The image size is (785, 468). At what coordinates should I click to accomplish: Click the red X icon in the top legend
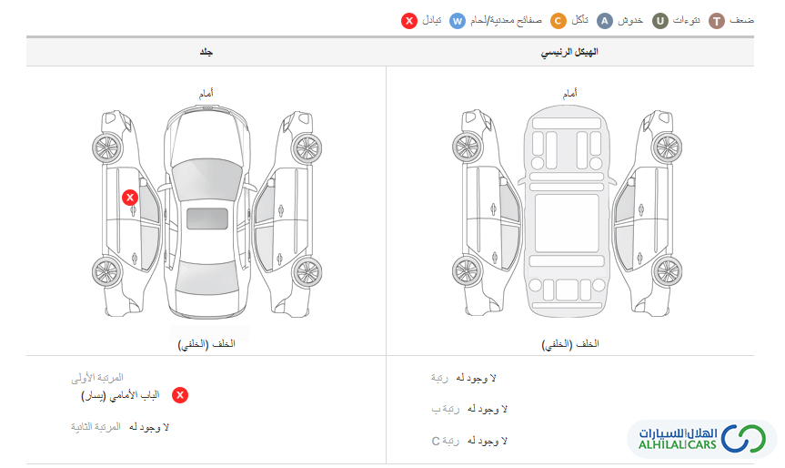point(409,21)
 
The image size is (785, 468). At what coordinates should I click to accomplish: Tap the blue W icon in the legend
point(457,21)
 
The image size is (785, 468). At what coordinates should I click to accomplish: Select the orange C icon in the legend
point(559,21)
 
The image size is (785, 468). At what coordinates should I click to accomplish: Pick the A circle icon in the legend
point(605,21)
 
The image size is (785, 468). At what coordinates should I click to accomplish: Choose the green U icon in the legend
point(659,21)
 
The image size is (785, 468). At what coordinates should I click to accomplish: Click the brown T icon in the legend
point(717,21)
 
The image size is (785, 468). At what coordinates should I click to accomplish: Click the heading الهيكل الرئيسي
point(569,52)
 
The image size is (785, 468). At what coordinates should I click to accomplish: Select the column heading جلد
point(206,52)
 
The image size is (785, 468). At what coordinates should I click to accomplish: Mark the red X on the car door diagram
point(130,198)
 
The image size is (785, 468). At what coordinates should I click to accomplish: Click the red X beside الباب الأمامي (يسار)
point(180,395)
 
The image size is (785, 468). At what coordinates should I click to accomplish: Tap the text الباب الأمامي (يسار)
point(120,395)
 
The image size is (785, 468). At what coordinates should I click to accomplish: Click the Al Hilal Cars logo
point(701,439)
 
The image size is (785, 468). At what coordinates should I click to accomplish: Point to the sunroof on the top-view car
point(207,219)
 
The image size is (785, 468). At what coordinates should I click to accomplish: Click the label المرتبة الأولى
point(97,377)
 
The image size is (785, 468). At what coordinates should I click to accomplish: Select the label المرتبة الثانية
point(96,427)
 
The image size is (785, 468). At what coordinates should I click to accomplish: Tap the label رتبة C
point(445,441)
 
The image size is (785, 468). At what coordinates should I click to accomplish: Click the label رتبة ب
point(445,410)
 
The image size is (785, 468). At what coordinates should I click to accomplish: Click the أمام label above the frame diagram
point(569,93)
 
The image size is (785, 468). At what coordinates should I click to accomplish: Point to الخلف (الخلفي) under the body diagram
point(206,344)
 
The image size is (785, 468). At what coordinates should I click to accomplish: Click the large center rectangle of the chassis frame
point(567,223)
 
